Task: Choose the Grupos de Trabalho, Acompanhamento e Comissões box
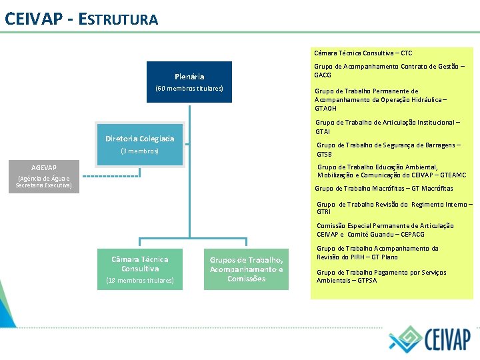246,269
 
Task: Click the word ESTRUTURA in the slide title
118,19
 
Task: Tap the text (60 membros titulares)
189,89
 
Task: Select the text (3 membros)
139,151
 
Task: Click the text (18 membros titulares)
140,281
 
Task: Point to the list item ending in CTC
363,53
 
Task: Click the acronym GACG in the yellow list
323,75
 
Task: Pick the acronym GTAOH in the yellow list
325,108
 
